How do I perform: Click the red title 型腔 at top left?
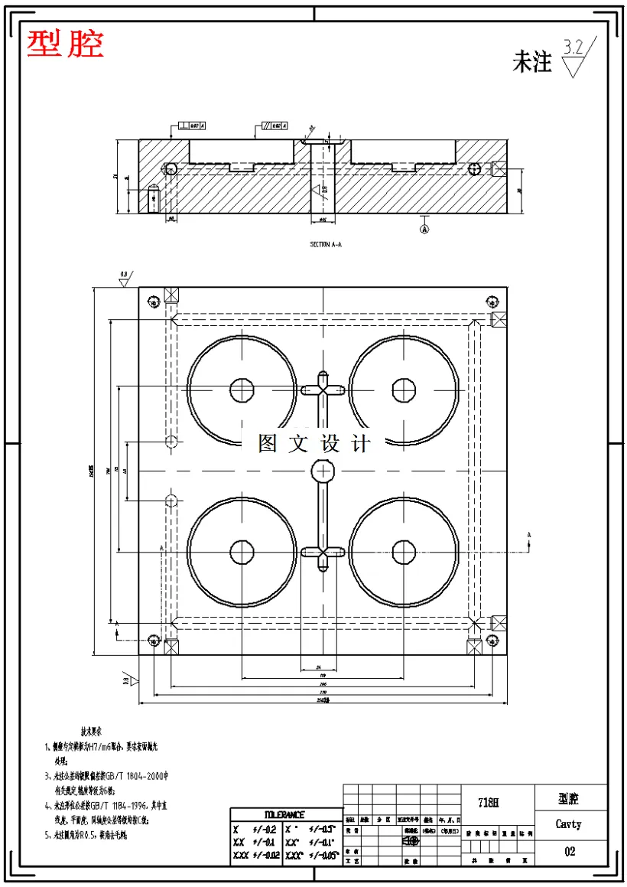point(65,44)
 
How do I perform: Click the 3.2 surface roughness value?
point(573,47)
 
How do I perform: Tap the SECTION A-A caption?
point(326,244)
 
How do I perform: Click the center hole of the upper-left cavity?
point(242,390)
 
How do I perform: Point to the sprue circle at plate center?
point(323,470)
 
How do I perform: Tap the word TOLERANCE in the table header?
point(284,815)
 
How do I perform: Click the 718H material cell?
point(488,803)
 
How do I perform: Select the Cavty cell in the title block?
point(568,824)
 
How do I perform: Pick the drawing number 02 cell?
point(569,851)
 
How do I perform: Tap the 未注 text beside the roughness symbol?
point(531,62)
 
